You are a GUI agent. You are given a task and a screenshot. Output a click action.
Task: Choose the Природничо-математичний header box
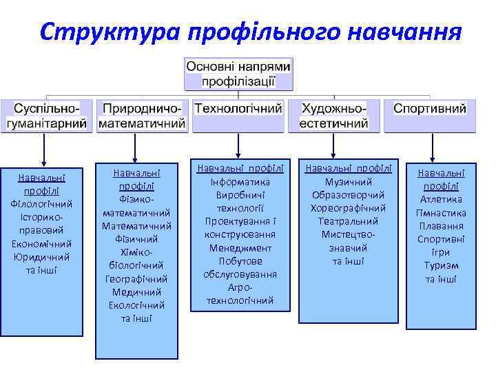tap(142, 116)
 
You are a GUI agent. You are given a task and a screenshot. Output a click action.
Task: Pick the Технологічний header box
tap(238, 110)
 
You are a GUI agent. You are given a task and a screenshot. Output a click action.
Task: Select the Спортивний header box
tap(430, 110)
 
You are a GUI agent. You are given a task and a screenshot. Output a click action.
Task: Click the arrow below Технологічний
tap(238, 145)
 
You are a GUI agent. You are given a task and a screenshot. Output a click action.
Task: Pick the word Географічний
tap(136, 278)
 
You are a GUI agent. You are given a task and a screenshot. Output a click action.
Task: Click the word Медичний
tap(136, 291)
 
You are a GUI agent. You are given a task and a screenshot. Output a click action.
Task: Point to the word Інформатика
tap(238, 182)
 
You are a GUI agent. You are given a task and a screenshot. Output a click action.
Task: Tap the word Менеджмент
tap(238, 247)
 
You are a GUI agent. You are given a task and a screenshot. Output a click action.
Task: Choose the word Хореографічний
tap(348, 208)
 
